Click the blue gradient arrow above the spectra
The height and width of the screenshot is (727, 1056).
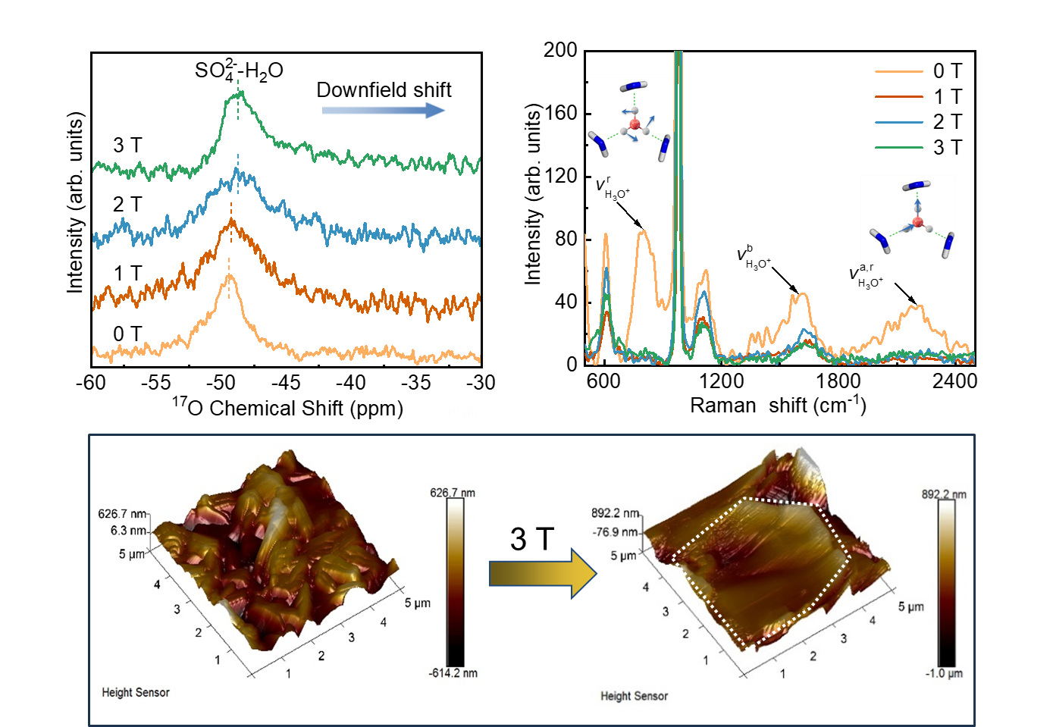(383, 111)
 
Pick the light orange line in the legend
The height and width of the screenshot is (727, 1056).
(899, 72)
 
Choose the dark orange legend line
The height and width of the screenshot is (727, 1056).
(899, 97)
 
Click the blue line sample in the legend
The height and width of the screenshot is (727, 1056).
(899, 122)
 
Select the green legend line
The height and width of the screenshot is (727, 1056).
(899, 147)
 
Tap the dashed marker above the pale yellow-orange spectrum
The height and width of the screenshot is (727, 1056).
(229, 266)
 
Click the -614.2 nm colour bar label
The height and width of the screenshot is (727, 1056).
(453, 673)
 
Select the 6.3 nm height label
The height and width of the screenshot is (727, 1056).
(128, 531)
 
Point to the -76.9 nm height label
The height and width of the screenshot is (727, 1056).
(616, 532)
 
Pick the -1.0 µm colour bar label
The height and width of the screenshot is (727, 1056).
(944, 673)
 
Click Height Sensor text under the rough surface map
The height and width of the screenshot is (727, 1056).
(136, 692)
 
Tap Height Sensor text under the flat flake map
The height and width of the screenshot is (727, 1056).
(634, 696)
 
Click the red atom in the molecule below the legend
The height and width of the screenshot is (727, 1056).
(917, 222)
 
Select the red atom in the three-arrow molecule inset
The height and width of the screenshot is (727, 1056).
(635, 124)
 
